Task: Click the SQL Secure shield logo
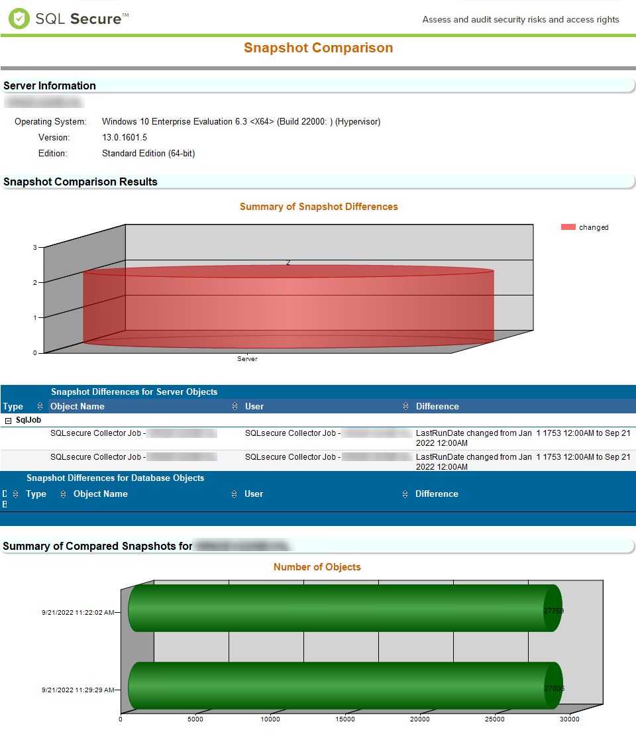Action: [19, 19]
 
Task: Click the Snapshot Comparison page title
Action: [318, 48]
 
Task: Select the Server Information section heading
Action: [50, 85]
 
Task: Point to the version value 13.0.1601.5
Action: [125, 137]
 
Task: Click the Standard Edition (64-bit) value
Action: [148, 153]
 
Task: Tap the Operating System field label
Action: [50, 121]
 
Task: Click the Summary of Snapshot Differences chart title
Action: [319, 207]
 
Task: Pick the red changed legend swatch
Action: [568, 227]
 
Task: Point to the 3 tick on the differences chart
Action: [34, 247]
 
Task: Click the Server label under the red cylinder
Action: [247, 359]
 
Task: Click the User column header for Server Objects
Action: [254, 406]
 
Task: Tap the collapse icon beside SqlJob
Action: [8, 420]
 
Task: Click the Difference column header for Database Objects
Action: [437, 494]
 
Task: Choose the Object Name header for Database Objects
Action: [101, 494]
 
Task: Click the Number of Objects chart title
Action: [317, 567]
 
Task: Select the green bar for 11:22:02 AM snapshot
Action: [341, 608]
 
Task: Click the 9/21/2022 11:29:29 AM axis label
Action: [78, 690]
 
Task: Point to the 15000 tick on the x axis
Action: [345, 719]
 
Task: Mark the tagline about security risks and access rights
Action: [521, 19]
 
